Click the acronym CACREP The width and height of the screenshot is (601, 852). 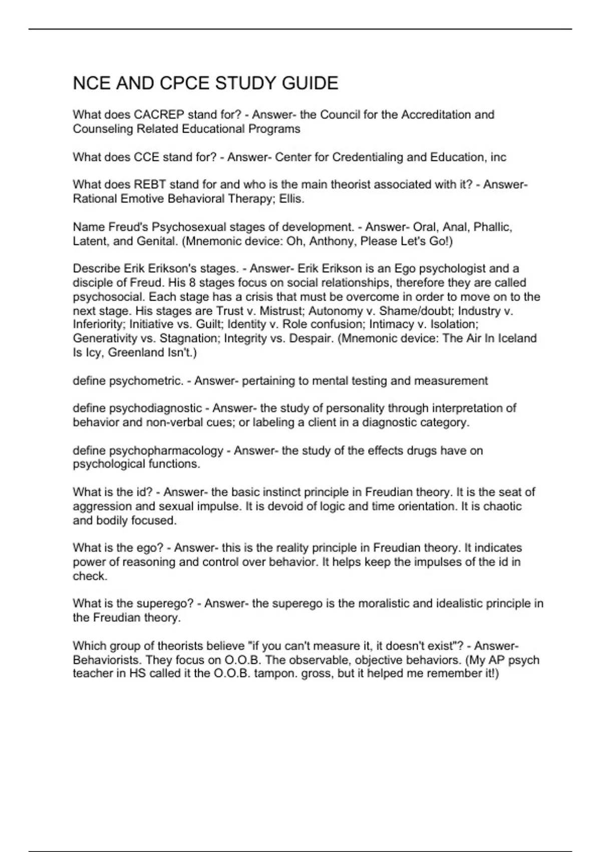pyautogui.click(x=159, y=115)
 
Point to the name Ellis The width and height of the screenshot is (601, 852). pyautogui.click(x=292, y=199)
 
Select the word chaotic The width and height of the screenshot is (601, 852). pyautogui.click(x=502, y=506)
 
